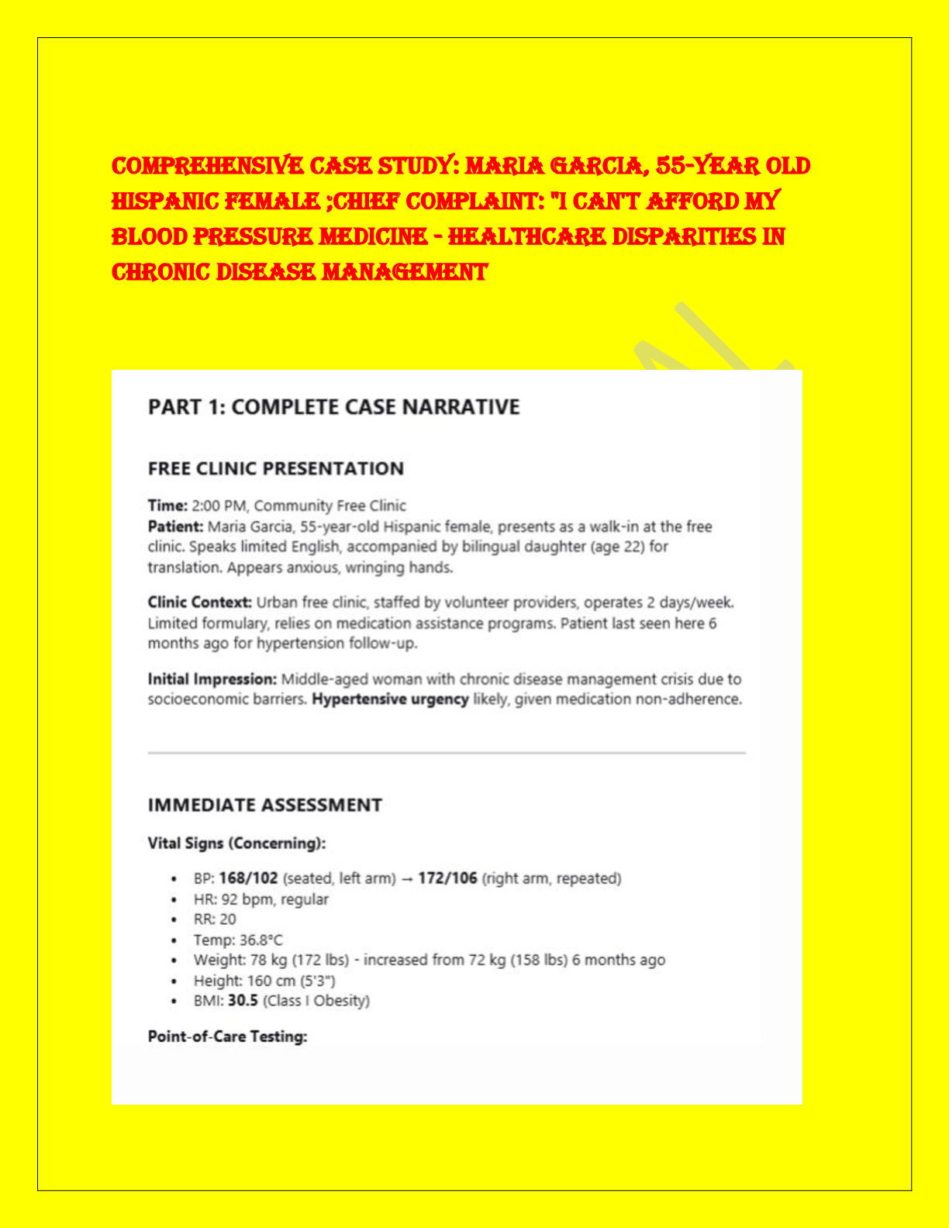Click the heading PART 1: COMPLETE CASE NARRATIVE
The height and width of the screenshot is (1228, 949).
pyautogui.click(x=333, y=407)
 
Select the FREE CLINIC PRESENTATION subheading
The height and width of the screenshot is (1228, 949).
pyautogui.click(x=275, y=468)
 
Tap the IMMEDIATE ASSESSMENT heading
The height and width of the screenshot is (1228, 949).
pyautogui.click(x=264, y=805)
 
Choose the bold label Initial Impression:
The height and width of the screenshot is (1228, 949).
pyautogui.click(x=212, y=679)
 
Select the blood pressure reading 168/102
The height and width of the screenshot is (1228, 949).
pyautogui.click(x=248, y=878)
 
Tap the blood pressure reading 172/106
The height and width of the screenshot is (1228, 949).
pyautogui.click(x=447, y=878)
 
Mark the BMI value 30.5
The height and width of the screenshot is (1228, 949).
pyautogui.click(x=243, y=1000)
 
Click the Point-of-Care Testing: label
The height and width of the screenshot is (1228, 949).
pyautogui.click(x=227, y=1037)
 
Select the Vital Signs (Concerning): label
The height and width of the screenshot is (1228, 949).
pyautogui.click(x=236, y=843)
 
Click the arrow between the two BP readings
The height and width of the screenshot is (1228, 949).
pyautogui.click(x=406, y=878)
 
